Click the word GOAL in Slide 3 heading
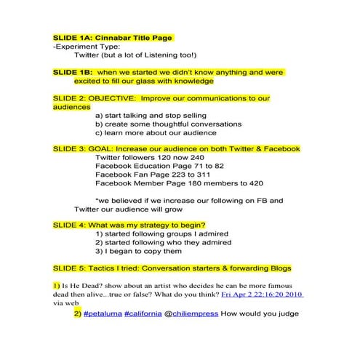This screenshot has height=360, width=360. coord(102,148)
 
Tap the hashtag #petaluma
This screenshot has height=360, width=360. coord(102,314)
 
